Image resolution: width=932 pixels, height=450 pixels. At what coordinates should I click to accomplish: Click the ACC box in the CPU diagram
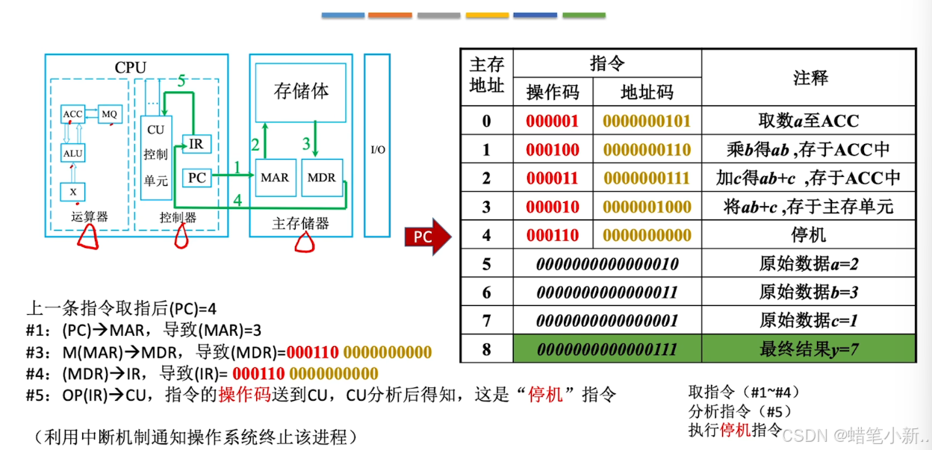(72, 114)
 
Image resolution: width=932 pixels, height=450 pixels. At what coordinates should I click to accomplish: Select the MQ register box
(109, 114)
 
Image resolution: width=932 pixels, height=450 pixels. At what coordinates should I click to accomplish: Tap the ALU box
(72, 154)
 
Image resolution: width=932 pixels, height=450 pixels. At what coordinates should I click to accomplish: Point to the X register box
(72, 192)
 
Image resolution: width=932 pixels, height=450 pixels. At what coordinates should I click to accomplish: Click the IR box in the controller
(196, 143)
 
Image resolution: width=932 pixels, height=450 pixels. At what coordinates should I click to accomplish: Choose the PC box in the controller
(196, 178)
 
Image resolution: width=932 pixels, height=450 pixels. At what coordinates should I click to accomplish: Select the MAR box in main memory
(275, 178)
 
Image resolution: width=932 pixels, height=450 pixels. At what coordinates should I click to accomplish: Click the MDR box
(322, 178)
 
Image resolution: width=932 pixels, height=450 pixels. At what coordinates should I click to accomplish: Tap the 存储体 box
(301, 92)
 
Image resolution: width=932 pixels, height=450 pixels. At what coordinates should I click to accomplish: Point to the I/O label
(378, 150)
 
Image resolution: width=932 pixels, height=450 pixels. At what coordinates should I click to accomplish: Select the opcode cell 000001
(553, 121)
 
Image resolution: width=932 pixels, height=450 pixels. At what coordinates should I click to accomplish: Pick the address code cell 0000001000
(647, 207)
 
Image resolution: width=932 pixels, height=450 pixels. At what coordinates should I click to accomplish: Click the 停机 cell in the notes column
(809, 235)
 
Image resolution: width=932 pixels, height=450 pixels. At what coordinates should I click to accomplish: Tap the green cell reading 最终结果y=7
(809, 349)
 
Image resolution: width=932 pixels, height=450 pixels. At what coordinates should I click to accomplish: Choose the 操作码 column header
(553, 92)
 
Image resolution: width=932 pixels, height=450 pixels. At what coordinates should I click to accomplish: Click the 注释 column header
(809, 78)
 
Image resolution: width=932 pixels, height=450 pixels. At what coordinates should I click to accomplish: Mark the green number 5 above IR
(181, 83)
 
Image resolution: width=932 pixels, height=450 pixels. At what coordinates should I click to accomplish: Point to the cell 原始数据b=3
(809, 292)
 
